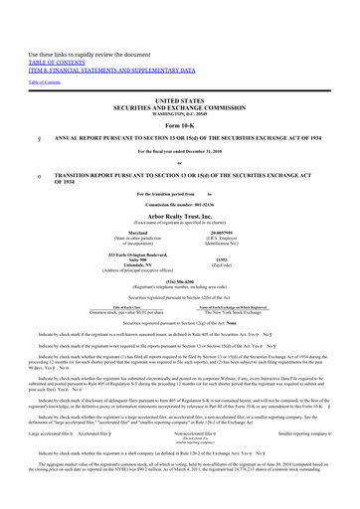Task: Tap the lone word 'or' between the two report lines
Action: tap(179, 165)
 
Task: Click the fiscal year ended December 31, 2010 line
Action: tap(179, 151)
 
